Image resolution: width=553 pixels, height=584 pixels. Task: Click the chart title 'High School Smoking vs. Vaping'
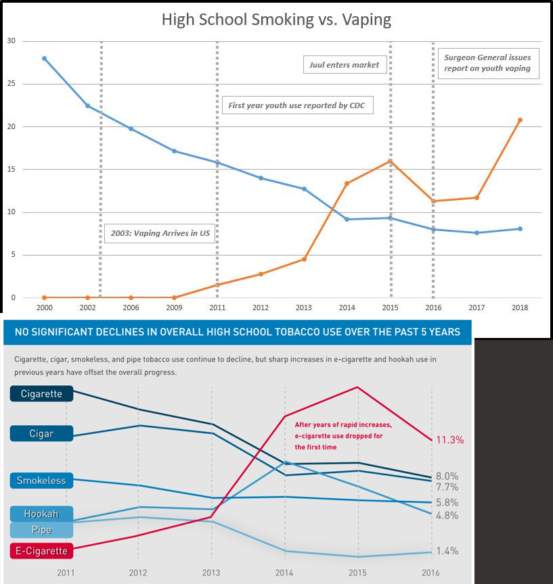coord(276,19)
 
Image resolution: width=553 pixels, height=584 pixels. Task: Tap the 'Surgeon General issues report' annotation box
coord(488,63)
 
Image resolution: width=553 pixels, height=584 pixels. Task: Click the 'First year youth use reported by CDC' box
coord(297,105)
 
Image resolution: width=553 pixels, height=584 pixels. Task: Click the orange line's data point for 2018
coord(519,120)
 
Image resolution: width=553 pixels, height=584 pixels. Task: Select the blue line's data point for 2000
coord(44,58)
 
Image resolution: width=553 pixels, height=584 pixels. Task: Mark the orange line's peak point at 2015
coord(390,161)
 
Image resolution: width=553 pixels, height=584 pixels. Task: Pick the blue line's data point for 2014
coord(347,219)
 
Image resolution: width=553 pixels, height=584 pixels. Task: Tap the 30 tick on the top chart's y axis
coord(11,41)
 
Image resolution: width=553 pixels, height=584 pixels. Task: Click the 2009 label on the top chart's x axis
coord(174,307)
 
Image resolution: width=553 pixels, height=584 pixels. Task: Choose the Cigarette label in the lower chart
coord(41,394)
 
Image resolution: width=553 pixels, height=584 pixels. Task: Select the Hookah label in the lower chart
coord(41,514)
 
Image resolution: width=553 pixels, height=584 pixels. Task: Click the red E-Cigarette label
coord(41,551)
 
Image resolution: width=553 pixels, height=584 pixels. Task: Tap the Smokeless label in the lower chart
coord(41,481)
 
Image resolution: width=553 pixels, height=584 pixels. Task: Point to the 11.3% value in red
coord(449,440)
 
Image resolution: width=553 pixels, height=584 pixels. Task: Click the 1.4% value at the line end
coord(447,552)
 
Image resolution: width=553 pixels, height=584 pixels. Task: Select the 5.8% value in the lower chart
coord(447,503)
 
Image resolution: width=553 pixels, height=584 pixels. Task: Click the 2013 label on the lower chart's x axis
coord(212,572)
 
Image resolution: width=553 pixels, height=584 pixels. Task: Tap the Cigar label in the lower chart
coord(41,433)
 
